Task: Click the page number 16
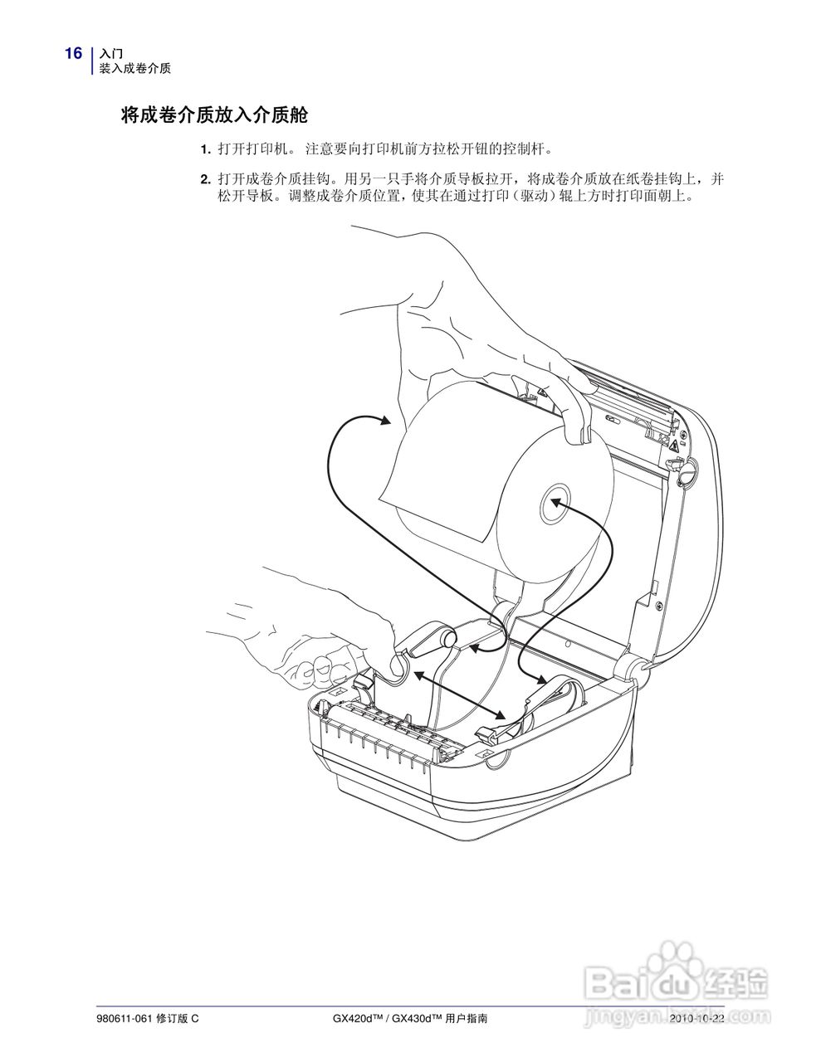click(73, 54)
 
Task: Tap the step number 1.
click(204, 150)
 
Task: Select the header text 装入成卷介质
click(135, 69)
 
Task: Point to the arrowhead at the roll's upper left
click(384, 421)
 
